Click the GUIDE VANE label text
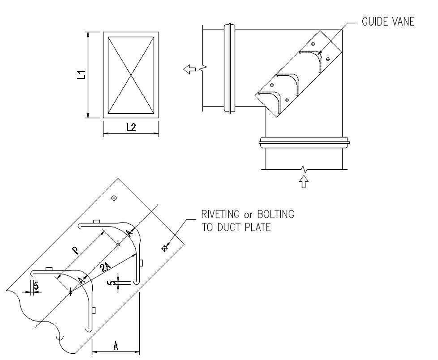pos(388,21)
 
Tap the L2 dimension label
pos(131,128)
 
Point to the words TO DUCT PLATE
pos(236,227)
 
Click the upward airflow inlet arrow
pos(304,181)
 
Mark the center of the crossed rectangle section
pos(131,75)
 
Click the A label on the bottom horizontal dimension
pos(116,346)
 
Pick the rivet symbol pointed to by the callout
pos(164,248)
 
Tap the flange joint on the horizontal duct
pos(229,68)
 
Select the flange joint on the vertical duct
pos(304,142)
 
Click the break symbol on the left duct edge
pos(204,68)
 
